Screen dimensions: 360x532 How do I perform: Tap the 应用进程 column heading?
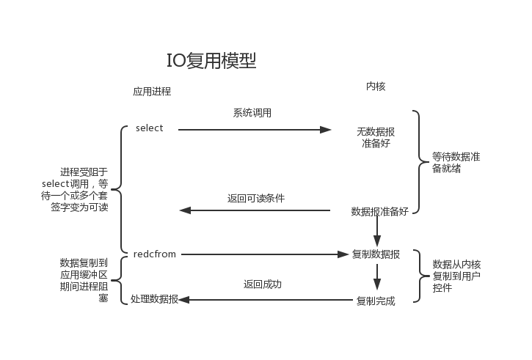coord(152,92)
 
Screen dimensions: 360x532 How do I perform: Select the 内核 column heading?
coord(376,87)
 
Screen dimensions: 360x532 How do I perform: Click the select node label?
coord(150,128)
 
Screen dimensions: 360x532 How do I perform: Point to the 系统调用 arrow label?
coord(252,113)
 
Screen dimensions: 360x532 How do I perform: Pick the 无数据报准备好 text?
coord(376,137)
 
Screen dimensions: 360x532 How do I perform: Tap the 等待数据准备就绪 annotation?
coord(456,162)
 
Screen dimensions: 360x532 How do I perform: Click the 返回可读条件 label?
coord(256,198)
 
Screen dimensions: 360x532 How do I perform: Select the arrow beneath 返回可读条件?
coord(255,210)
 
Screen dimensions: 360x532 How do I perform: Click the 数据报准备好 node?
coord(379,211)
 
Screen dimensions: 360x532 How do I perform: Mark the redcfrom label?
coord(155,254)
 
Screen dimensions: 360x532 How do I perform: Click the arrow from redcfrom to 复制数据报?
coord(264,254)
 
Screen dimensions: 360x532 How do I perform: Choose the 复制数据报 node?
coord(376,254)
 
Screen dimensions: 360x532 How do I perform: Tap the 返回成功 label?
coord(262,284)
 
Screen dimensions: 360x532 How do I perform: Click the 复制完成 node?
coord(376,301)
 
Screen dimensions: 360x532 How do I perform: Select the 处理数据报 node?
coord(154,299)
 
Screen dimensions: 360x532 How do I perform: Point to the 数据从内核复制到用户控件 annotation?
coord(457,276)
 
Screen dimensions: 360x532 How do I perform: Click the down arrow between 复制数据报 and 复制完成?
coord(376,277)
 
